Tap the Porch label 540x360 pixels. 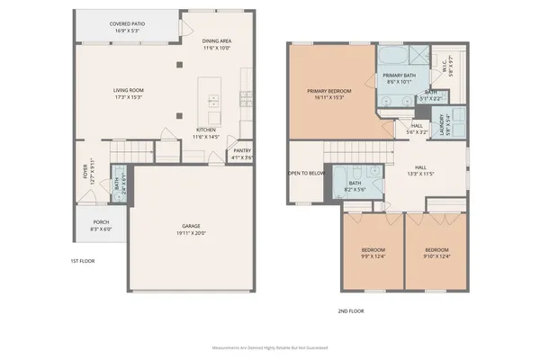(x=102, y=226)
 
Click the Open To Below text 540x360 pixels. (x=306, y=173)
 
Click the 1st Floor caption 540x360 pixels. (x=83, y=261)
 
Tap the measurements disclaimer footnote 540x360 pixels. (x=270, y=346)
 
